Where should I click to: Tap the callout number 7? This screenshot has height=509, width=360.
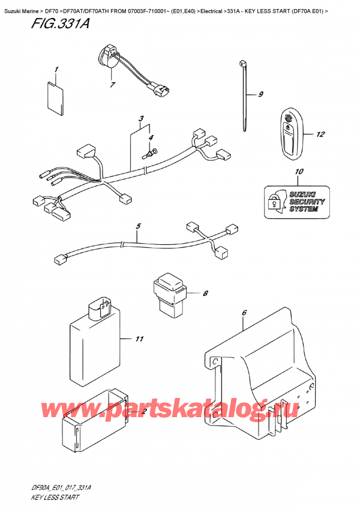pyautogui.click(x=112, y=86)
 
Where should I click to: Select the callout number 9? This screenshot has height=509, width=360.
pyautogui.click(x=261, y=94)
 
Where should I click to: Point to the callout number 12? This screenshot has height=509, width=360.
pyautogui.click(x=320, y=134)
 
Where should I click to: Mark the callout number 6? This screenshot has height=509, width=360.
pyautogui.click(x=244, y=313)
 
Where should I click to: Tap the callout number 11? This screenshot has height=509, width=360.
pyautogui.click(x=139, y=340)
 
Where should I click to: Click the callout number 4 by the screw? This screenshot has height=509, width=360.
pyautogui.click(x=151, y=138)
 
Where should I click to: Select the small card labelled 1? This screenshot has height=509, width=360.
pyautogui.click(x=55, y=97)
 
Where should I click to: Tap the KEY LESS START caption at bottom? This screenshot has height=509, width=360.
pyautogui.click(x=53, y=498)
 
